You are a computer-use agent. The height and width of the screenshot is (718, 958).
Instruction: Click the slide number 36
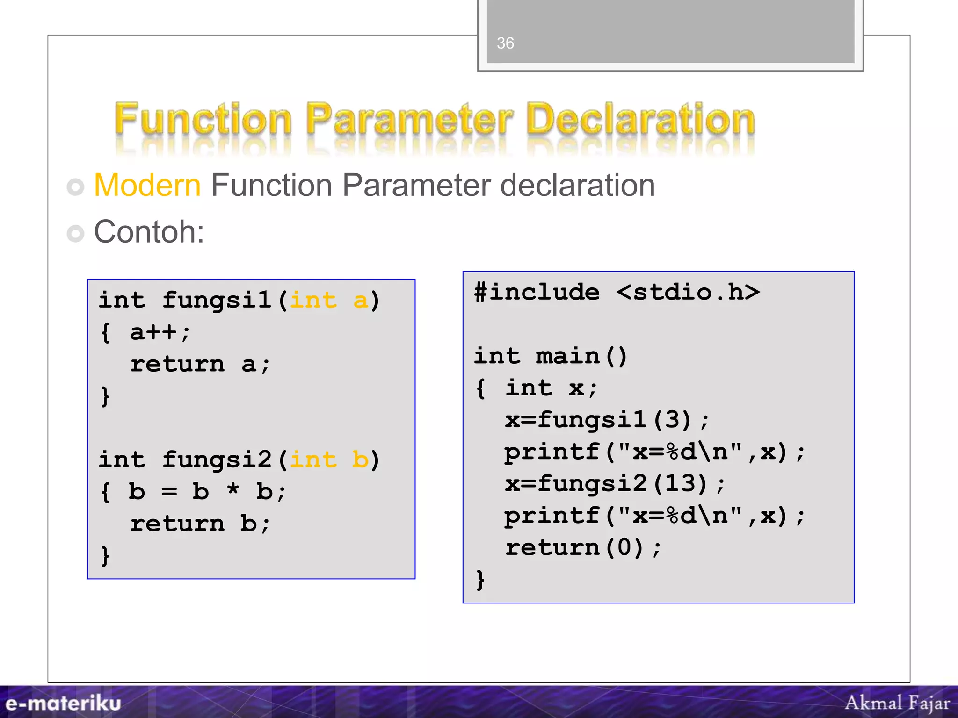[505, 43]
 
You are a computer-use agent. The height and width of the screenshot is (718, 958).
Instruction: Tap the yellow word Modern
[147, 186]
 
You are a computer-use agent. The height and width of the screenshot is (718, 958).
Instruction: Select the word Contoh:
[149, 232]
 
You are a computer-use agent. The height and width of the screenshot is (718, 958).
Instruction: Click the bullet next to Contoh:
[75, 233]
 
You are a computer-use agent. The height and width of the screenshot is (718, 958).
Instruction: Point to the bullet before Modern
[75, 187]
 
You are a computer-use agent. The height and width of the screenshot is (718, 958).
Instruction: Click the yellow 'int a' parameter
[329, 300]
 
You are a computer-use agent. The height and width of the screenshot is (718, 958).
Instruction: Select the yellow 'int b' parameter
[329, 460]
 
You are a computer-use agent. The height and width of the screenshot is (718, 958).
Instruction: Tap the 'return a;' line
[200, 364]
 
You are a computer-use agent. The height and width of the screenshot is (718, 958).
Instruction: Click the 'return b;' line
[200, 524]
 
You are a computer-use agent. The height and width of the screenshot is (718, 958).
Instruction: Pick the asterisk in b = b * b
[233, 491]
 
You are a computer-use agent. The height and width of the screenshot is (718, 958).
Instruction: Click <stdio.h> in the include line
[688, 293]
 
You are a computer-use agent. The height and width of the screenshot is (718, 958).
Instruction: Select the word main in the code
[567, 356]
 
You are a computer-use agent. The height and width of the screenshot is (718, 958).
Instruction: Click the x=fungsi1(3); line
[607, 419]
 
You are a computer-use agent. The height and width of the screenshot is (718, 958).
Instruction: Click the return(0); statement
[583, 547]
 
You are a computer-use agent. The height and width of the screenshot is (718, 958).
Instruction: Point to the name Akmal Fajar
[897, 703]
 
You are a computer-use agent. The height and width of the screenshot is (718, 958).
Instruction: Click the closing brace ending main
[480, 580]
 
